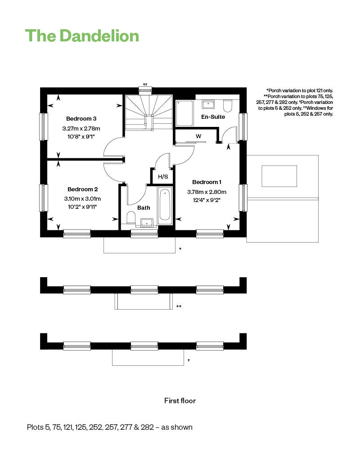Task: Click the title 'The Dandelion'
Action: [x=82, y=36]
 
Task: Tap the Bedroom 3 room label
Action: [x=81, y=118]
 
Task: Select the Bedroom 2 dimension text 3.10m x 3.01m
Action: [x=82, y=198]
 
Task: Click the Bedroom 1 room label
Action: [x=207, y=182]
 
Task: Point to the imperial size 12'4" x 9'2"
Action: [x=207, y=200]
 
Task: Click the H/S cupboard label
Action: [x=163, y=176]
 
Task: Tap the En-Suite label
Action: [x=213, y=117]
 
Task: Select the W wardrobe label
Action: [x=198, y=136]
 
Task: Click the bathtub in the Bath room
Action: [x=165, y=205]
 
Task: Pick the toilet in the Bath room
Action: [x=131, y=217]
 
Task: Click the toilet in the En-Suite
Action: [x=227, y=106]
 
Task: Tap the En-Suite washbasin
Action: [x=208, y=104]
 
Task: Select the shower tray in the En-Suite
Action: [x=184, y=113]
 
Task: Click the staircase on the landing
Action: [x=148, y=112]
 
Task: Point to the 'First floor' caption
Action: [x=180, y=400]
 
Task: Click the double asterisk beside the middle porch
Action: [x=179, y=306]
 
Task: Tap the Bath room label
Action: [x=144, y=208]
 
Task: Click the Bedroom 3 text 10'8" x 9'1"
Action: [x=81, y=137]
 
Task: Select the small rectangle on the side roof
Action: [x=279, y=176]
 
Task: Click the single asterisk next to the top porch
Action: [x=180, y=248]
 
